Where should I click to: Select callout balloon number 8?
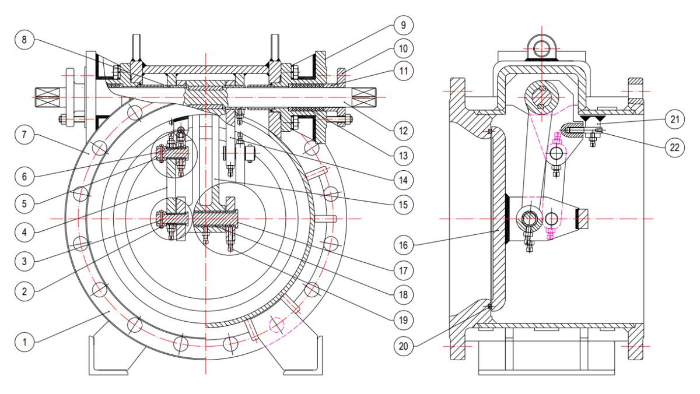click(24, 40)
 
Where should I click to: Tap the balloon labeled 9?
click(402, 25)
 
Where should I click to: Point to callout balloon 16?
click(402, 245)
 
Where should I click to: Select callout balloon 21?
click(674, 121)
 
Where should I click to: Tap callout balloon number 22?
click(674, 147)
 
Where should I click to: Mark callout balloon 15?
click(402, 204)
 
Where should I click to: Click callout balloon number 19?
click(402, 320)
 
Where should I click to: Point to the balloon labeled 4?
click(24, 230)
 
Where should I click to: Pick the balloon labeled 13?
click(402, 156)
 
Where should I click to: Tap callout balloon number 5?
click(24, 204)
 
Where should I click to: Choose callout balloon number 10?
click(402, 47)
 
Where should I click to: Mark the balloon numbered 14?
click(402, 180)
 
